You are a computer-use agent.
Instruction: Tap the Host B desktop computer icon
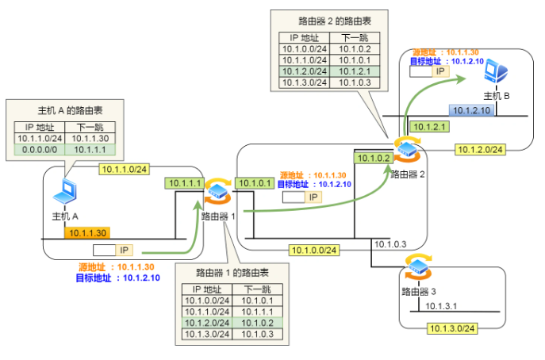(x=497, y=74)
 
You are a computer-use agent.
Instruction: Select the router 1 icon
(x=217, y=193)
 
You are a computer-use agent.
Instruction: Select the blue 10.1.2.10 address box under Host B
(x=471, y=111)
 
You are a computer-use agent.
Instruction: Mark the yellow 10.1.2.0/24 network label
(x=481, y=148)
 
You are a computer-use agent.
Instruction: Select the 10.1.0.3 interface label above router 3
(x=390, y=244)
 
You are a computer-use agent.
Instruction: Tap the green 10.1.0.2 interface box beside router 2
(x=373, y=159)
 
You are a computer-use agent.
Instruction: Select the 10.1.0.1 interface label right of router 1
(x=256, y=183)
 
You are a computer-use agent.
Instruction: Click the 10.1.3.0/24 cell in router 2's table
(x=305, y=82)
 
